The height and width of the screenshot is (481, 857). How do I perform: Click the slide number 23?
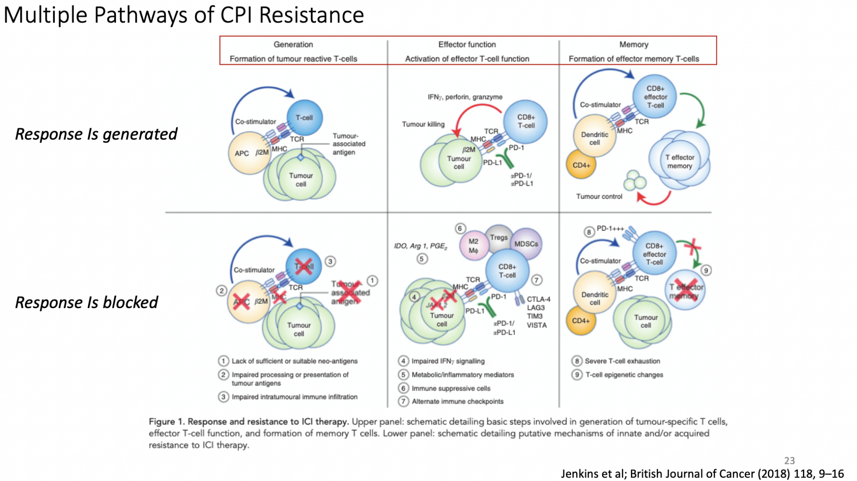tap(789, 461)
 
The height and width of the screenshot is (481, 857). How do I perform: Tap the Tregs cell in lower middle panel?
tap(498, 237)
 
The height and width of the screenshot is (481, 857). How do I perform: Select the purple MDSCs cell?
tap(526, 244)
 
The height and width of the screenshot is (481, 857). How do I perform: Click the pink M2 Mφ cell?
tap(473, 246)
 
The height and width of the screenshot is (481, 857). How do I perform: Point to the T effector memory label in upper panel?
tap(680, 161)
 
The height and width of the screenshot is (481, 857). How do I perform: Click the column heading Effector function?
tap(467, 44)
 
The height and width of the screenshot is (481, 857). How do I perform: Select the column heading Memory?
tap(634, 44)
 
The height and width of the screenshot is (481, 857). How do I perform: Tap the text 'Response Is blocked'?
tap(87, 302)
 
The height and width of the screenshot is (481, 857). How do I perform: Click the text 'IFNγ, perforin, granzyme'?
tap(464, 97)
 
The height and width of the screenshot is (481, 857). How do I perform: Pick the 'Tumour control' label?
tap(599, 196)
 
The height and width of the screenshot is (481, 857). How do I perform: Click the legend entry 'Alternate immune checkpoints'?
tap(457, 401)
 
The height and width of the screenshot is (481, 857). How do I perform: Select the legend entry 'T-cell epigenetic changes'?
tap(624, 375)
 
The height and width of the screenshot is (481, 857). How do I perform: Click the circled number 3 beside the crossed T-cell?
tap(330, 262)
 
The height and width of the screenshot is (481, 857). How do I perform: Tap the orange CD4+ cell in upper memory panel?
tap(581, 165)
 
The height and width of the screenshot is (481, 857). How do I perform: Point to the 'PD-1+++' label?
tap(610, 229)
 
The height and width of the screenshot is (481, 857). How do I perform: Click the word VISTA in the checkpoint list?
tap(536, 325)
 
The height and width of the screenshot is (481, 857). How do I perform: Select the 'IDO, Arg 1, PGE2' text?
tap(420, 246)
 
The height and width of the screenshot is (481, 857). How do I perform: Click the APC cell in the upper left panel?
tap(243, 153)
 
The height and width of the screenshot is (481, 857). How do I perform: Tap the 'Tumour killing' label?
tap(423, 124)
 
